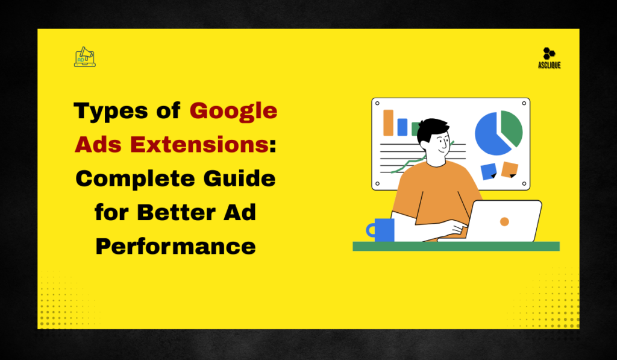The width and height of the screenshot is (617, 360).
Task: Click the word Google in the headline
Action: (x=234, y=111)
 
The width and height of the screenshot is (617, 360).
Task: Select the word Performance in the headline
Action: (x=175, y=246)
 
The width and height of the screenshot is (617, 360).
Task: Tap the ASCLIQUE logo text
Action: (x=548, y=65)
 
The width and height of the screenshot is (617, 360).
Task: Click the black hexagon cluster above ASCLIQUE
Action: (x=548, y=53)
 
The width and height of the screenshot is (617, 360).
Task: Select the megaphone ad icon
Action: (x=85, y=57)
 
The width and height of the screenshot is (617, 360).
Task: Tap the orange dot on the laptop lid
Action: (x=504, y=221)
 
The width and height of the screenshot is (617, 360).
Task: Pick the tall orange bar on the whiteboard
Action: (x=388, y=122)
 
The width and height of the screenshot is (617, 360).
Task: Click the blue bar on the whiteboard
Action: (x=402, y=127)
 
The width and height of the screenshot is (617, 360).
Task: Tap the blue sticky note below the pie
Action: (x=488, y=171)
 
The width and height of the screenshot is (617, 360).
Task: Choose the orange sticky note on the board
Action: (x=510, y=169)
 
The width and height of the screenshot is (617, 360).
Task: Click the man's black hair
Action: (x=432, y=128)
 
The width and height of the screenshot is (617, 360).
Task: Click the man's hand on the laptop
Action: (x=458, y=229)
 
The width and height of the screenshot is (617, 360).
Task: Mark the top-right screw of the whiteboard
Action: (x=524, y=104)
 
